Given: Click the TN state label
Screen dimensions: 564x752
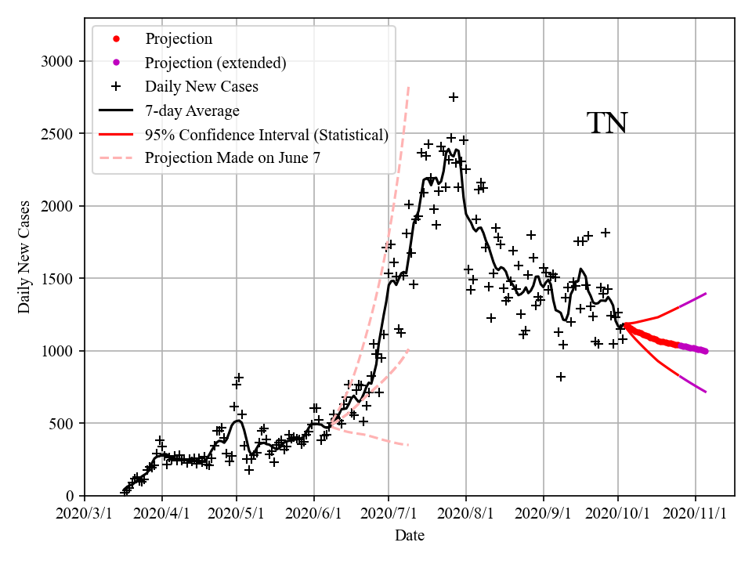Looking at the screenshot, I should click(607, 123).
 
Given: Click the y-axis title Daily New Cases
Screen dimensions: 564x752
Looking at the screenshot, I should click(24, 257).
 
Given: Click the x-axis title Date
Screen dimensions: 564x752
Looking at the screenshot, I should click(410, 536).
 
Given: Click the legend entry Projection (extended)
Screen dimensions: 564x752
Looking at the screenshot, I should click(215, 63).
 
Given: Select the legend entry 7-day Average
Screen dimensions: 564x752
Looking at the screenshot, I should click(192, 110).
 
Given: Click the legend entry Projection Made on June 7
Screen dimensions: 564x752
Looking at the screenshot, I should click(233, 158).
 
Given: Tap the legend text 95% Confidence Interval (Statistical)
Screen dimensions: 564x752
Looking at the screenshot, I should click(266, 135).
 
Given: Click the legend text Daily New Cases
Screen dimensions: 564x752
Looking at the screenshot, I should click(201, 86).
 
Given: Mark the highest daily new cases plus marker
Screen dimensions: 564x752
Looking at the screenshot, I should click(453, 97).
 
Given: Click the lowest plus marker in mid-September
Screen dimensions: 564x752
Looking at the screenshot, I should click(561, 377).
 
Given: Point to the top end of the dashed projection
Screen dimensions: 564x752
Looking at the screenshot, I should click(408, 87).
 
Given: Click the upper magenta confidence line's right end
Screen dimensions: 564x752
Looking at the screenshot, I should click(706, 294).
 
